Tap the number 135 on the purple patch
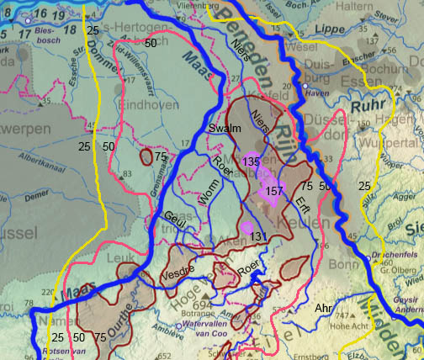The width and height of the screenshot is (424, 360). click(x=251, y=161)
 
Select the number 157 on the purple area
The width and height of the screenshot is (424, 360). click(x=274, y=191)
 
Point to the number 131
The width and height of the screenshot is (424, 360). click(x=259, y=236)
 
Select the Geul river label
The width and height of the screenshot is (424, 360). click(x=174, y=217)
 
